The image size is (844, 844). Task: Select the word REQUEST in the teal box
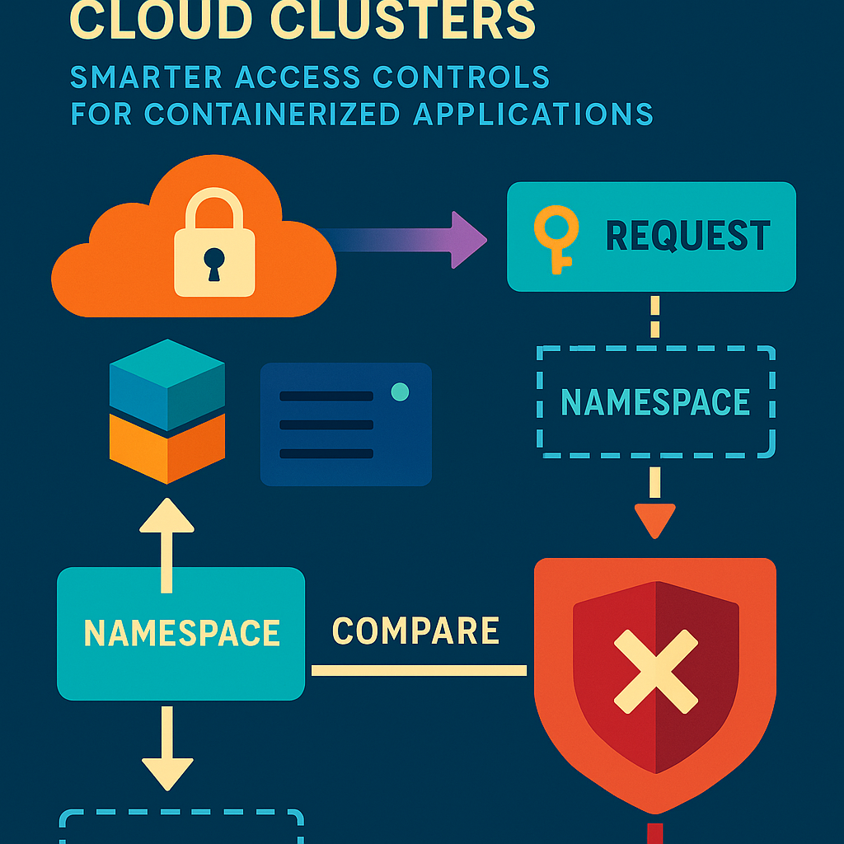click(x=687, y=237)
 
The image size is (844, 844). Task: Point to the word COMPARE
click(x=415, y=631)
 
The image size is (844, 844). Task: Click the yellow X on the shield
click(x=656, y=672)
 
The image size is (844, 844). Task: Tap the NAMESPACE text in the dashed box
click(x=655, y=402)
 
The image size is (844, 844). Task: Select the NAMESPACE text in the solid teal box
click(x=182, y=633)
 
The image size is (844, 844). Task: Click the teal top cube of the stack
click(x=166, y=383)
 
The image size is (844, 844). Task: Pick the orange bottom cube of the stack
click(x=166, y=449)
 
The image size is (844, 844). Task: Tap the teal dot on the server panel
click(x=400, y=392)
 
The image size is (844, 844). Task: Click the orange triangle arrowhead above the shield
click(x=655, y=519)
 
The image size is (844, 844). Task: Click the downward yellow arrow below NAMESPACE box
click(x=167, y=750)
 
